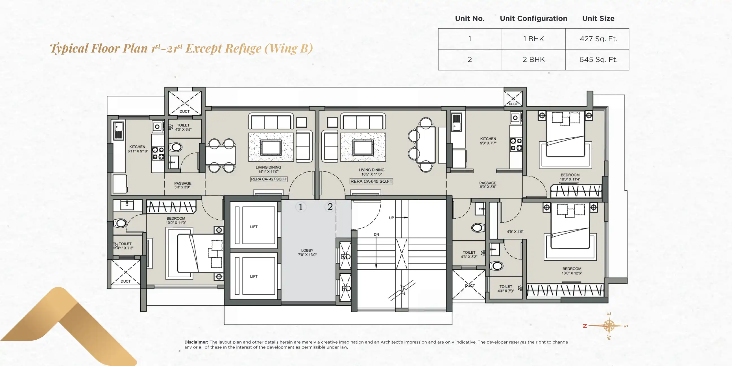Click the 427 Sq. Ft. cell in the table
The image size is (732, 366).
tap(598, 39)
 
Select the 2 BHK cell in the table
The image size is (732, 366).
tap(534, 60)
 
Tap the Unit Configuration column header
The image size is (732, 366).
tap(533, 18)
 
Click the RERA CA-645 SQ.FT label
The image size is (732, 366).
tap(371, 181)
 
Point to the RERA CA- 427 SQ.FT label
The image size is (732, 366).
tap(269, 179)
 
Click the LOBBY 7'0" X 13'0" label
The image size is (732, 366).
tap(307, 253)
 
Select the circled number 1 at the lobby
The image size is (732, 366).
tap(301, 207)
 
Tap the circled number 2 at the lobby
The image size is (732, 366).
tap(330, 207)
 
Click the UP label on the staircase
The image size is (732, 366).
tap(391, 218)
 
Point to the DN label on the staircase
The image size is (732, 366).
tap(376, 234)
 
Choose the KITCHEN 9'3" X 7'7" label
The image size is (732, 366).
tap(488, 141)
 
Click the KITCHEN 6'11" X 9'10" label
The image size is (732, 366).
tap(138, 149)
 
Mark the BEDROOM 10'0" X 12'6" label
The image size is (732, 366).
tap(572, 271)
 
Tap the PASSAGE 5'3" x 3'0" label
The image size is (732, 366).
tap(183, 185)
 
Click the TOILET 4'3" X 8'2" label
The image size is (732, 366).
tap(469, 254)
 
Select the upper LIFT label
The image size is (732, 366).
tap(254, 227)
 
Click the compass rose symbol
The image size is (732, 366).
tap(608, 326)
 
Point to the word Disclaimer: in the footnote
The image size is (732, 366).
tap(196, 342)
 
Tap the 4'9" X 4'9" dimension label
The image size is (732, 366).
tap(515, 232)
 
